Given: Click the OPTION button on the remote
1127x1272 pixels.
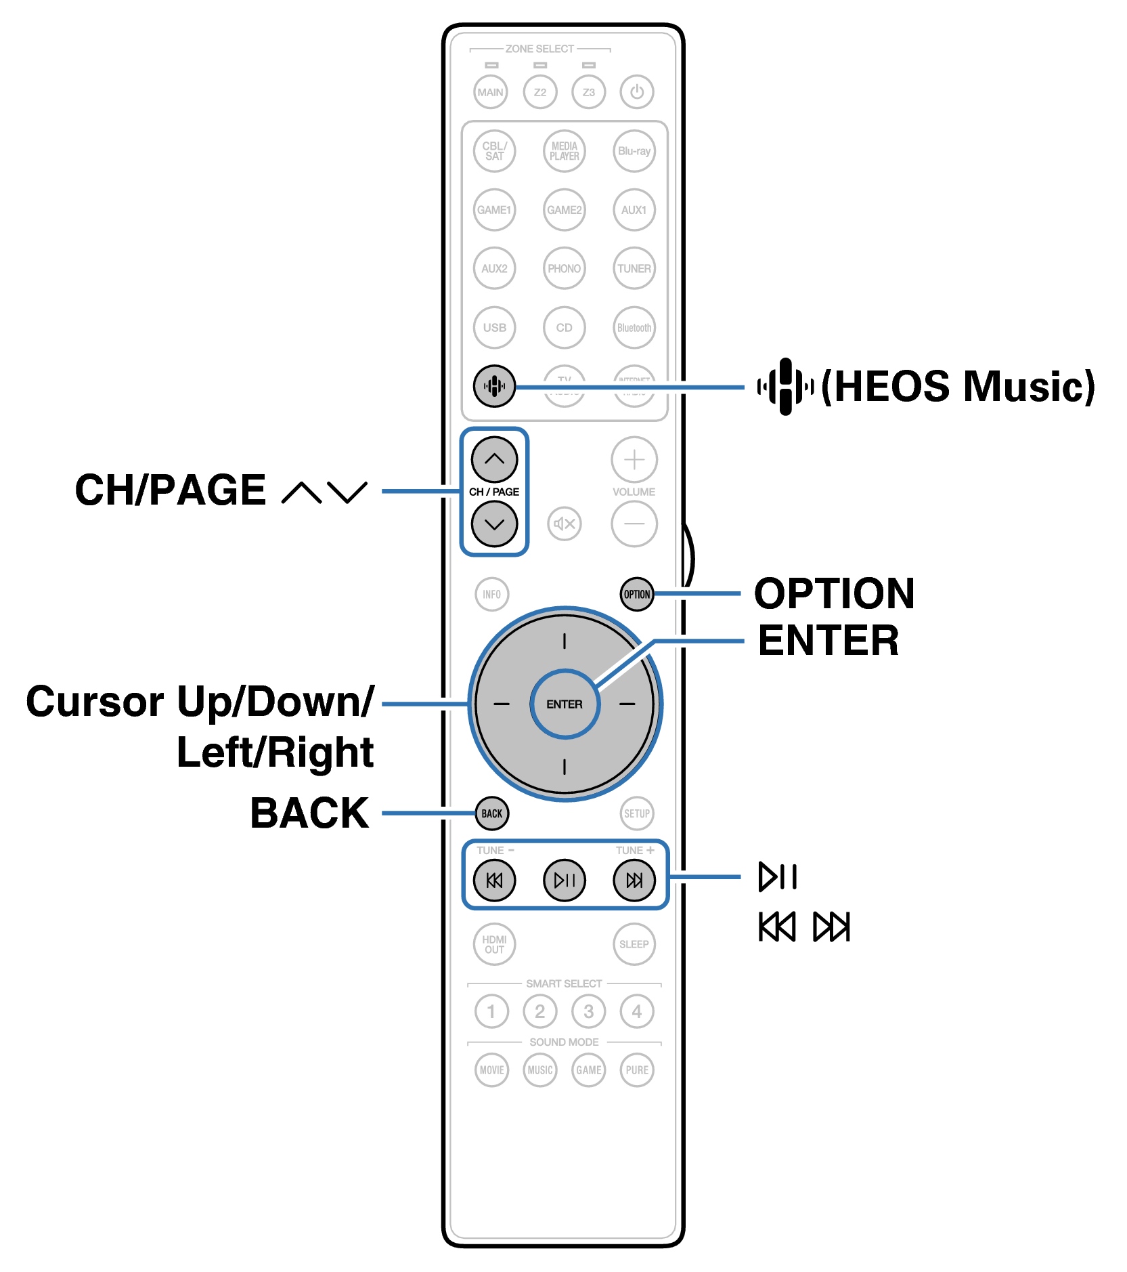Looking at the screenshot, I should pos(636,594).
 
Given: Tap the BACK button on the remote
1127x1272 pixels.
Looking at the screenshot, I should pos(491,813).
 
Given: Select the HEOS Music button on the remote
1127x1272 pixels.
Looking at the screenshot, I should pos(494,386).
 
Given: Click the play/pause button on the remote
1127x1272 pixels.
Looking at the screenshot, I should pos(565,880).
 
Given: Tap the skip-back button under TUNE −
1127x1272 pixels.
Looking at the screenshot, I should pos(494,880).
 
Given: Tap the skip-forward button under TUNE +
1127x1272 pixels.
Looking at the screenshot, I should pos(634,880).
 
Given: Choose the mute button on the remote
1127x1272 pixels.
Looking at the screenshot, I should pos(565,524).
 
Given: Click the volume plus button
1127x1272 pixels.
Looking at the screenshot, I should pos(634,460).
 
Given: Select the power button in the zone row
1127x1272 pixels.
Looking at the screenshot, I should pos(637,91).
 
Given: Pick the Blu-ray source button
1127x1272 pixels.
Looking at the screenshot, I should pos(634,151).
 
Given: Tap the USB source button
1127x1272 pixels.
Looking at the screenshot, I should pos(494,328).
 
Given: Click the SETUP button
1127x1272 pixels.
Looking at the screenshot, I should pos(637,813).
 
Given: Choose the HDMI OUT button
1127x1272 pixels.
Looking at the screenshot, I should pos(494,944).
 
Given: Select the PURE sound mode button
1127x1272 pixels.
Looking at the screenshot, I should pos(637,1070).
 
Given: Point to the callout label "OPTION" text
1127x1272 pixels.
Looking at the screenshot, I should pos(834,593).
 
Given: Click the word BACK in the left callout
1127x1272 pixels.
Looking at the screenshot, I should pos(309,813).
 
